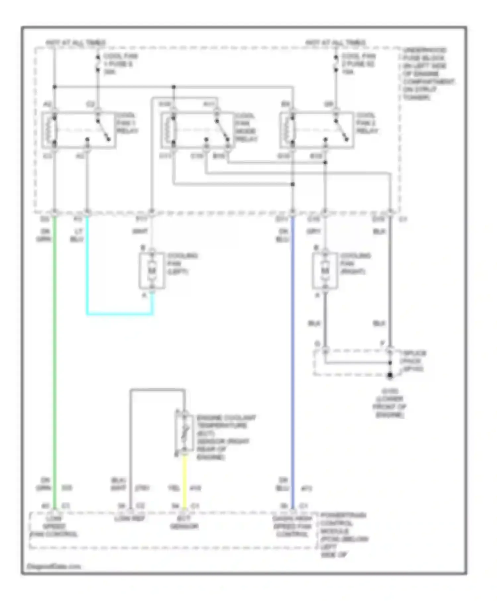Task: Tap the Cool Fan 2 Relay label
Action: (x=367, y=123)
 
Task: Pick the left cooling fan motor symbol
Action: (x=152, y=271)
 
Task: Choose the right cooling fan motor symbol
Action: (x=325, y=271)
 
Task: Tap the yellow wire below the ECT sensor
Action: (x=185, y=480)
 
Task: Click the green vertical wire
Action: (x=55, y=364)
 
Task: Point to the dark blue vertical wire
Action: (x=292, y=364)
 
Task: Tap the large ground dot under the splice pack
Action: (x=390, y=375)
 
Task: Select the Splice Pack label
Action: (x=413, y=361)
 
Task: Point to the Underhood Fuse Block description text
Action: (x=427, y=74)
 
